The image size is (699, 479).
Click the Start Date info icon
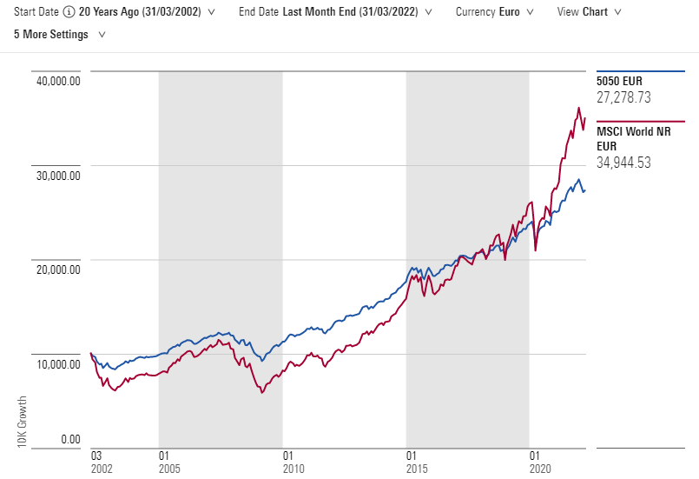(69, 13)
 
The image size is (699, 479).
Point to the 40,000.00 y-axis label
(57, 81)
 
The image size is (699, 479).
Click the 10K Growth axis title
(22, 422)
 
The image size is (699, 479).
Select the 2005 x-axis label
(168, 468)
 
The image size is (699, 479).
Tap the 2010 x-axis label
(293, 468)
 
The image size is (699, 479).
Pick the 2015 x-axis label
(417, 468)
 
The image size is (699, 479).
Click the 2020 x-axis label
(541, 468)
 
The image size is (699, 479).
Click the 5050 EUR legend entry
(618, 81)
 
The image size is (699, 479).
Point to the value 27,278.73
(623, 97)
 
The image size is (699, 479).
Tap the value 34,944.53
(623, 163)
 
